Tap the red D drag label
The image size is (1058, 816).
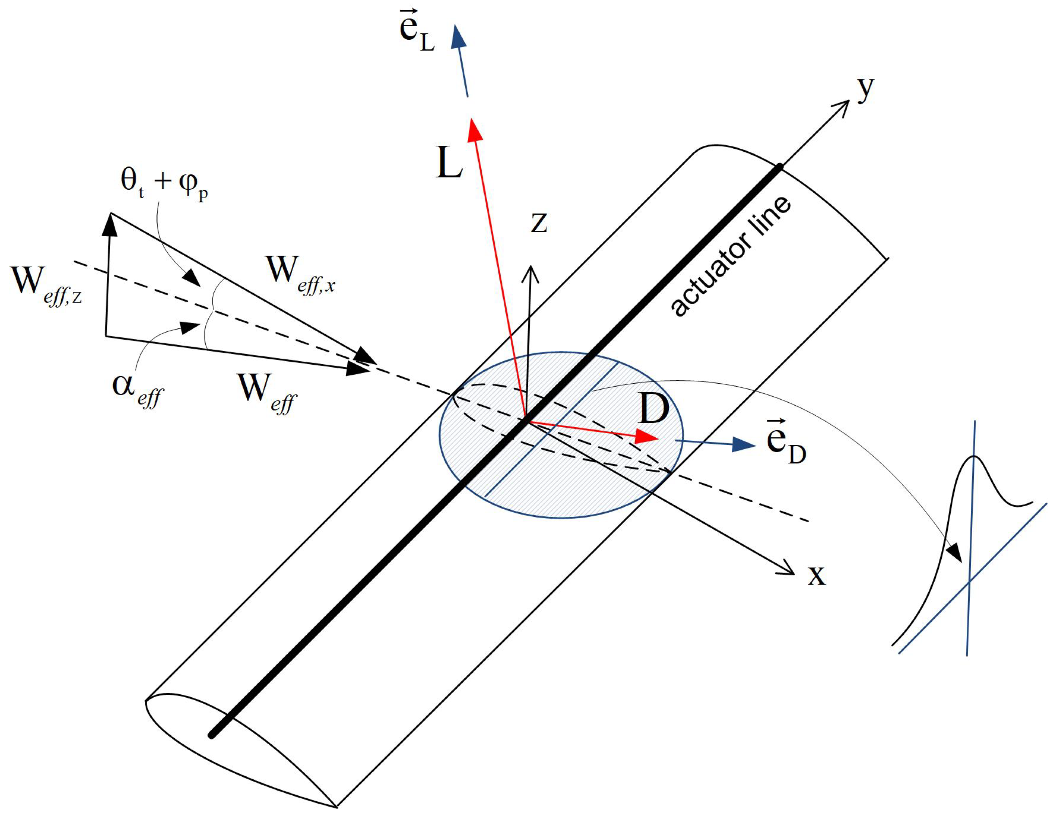tap(654, 408)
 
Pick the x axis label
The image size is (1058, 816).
tap(817, 576)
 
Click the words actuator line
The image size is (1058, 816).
tap(731, 257)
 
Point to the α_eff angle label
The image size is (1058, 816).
tap(138, 390)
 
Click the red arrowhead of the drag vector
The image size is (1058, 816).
tap(647, 437)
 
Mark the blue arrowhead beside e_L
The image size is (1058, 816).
tap(458, 38)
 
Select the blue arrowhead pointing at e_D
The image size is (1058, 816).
tap(744, 444)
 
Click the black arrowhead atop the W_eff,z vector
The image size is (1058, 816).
tap(110, 224)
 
